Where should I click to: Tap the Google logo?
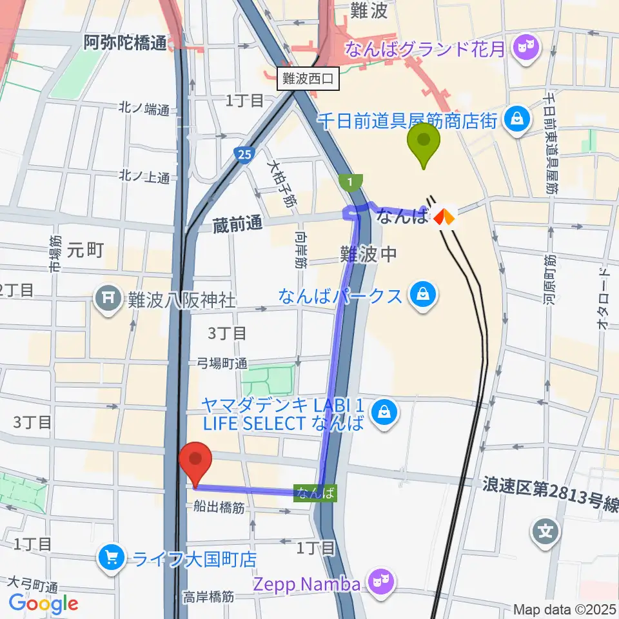pyautogui.click(x=44, y=604)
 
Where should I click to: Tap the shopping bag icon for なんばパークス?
pyautogui.click(x=423, y=296)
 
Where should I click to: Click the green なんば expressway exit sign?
pyautogui.click(x=315, y=493)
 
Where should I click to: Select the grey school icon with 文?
pyautogui.click(x=545, y=531)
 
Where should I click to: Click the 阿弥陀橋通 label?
pyautogui.click(x=125, y=43)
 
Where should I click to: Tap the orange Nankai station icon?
pyautogui.click(x=444, y=217)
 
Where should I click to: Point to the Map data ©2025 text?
pyautogui.click(x=565, y=609)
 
